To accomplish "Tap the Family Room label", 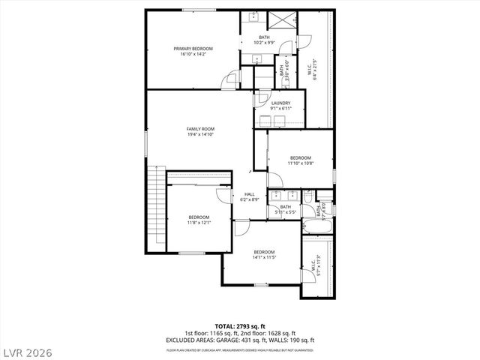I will pos(200,129).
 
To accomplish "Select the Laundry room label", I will pos(280,103).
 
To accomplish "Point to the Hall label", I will pos(250,194).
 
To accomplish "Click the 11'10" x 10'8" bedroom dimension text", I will pos(301,163).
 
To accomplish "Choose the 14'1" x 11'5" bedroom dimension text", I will pos(264,257).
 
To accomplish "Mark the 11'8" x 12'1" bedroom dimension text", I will pos(199,222).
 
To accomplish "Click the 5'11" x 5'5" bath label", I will pos(286,209).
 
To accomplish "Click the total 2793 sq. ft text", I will pos(239,326).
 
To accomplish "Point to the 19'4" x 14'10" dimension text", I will pos(200,134).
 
